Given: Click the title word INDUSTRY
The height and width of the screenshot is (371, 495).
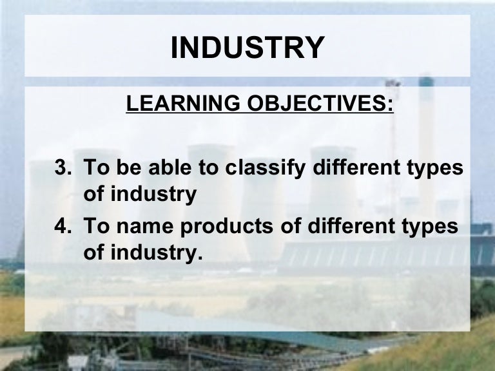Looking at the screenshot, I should pyautogui.click(x=247, y=48).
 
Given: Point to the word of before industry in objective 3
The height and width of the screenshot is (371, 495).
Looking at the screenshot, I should pyautogui.click(x=94, y=194).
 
